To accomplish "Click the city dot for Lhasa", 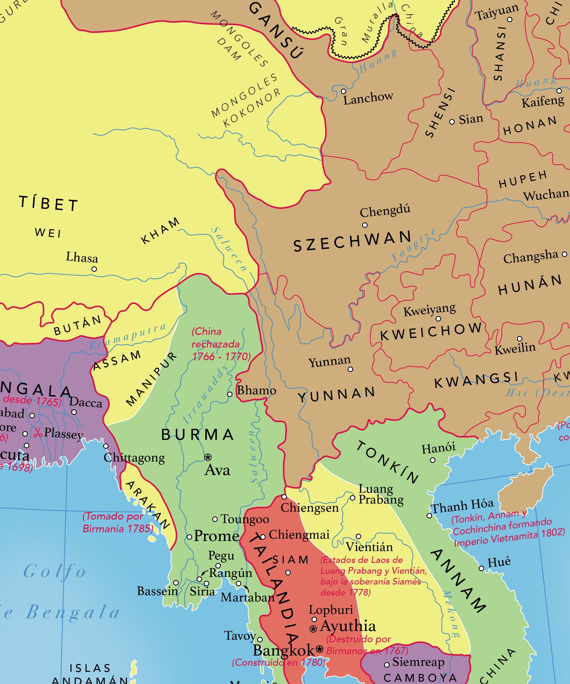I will pos(94,269).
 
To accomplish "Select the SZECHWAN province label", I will pos(352,241).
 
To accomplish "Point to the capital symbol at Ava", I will pos(208,457).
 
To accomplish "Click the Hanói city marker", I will pos(433,460).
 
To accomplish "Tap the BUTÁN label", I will pos(78,325).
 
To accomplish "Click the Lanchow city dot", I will pos(343,91).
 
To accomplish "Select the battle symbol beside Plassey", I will pos(38,433).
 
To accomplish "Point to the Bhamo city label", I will pos(256,390).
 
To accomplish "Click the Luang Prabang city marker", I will pos(352,498).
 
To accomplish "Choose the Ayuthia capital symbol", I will pos(313,629).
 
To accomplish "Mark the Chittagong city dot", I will pos(106,446).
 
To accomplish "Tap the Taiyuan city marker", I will pos(510,20).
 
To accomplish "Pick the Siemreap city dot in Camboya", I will pos(387,665).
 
